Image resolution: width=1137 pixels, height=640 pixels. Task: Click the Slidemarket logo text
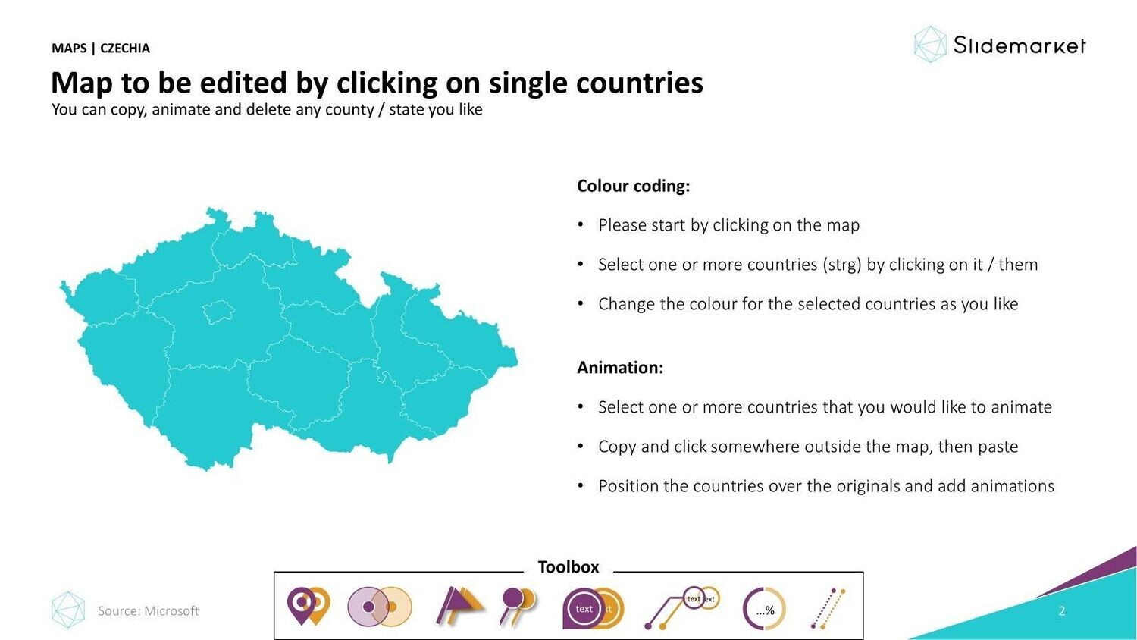pyautogui.click(x=1020, y=45)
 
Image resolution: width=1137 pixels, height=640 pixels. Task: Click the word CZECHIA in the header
pyautogui.click(x=125, y=49)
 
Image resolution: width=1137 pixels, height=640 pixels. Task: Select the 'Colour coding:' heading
pyautogui.click(x=634, y=186)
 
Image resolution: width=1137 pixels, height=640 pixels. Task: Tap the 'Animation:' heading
pyautogui.click(x=620, y=367)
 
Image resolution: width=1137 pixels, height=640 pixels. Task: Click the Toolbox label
pyautogui.click(x=568, y=567)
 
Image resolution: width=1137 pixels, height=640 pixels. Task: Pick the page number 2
pyautogui.click(x=1062, y=610)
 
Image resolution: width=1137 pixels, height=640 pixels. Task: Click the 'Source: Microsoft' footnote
pyautogui.click(x=149, y=610)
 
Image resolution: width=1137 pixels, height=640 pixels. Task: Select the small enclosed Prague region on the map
pyautogui.click(x=218, y=312)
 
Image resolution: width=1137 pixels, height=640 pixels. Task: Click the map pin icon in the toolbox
pyautogui.click(x=308, y=606)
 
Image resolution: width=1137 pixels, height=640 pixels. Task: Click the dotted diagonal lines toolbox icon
pyautogui.click(x=828, y=608)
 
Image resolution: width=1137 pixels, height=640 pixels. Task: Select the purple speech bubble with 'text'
pyautogui.click(x=583, y=608)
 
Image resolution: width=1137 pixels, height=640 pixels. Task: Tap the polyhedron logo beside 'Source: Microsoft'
pyautogui.click(x=68, y=610)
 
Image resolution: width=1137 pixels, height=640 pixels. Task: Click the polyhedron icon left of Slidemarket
pyautogui.click(x=930, y=45)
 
